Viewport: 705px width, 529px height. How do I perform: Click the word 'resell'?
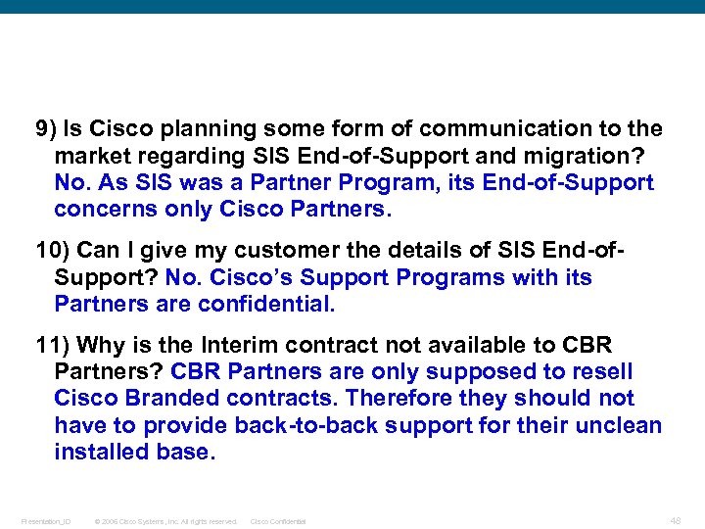599,372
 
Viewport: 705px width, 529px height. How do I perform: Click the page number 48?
675,520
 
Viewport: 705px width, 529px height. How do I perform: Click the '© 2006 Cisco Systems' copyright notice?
165,521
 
